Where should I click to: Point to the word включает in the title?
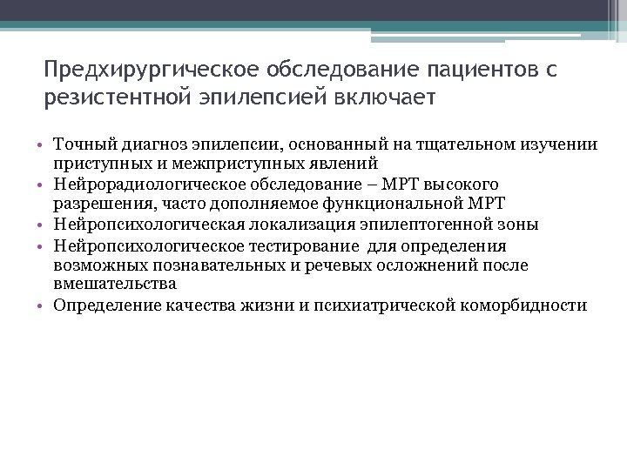[x=383, y=95]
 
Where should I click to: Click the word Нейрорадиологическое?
[x=139, y=185]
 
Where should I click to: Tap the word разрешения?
[x=96, y=204]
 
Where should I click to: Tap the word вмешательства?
[x=115, y=284]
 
